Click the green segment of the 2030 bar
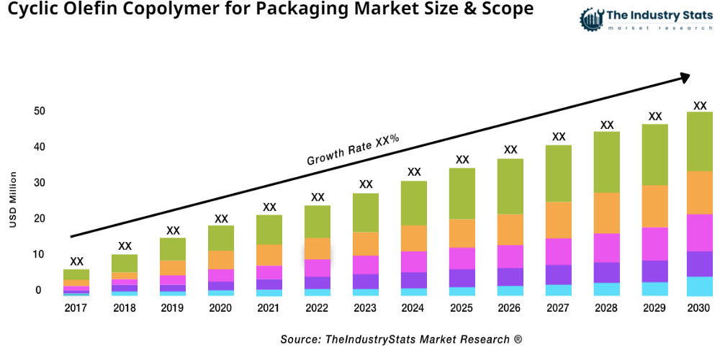click(700, 141)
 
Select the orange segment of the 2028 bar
click(607, 213)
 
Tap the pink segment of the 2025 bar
click(462, 258)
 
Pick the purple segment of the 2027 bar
click(559, 275)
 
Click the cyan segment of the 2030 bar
click(700, 287)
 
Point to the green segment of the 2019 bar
click(173, 249)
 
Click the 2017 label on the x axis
click(76, 308)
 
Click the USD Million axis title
click(13, 200)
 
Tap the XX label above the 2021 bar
click(269, 207)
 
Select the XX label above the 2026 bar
click(510, 150)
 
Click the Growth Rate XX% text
click(353, 150)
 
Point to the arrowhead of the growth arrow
click(684, 76)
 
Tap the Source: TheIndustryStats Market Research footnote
click(401, 339)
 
